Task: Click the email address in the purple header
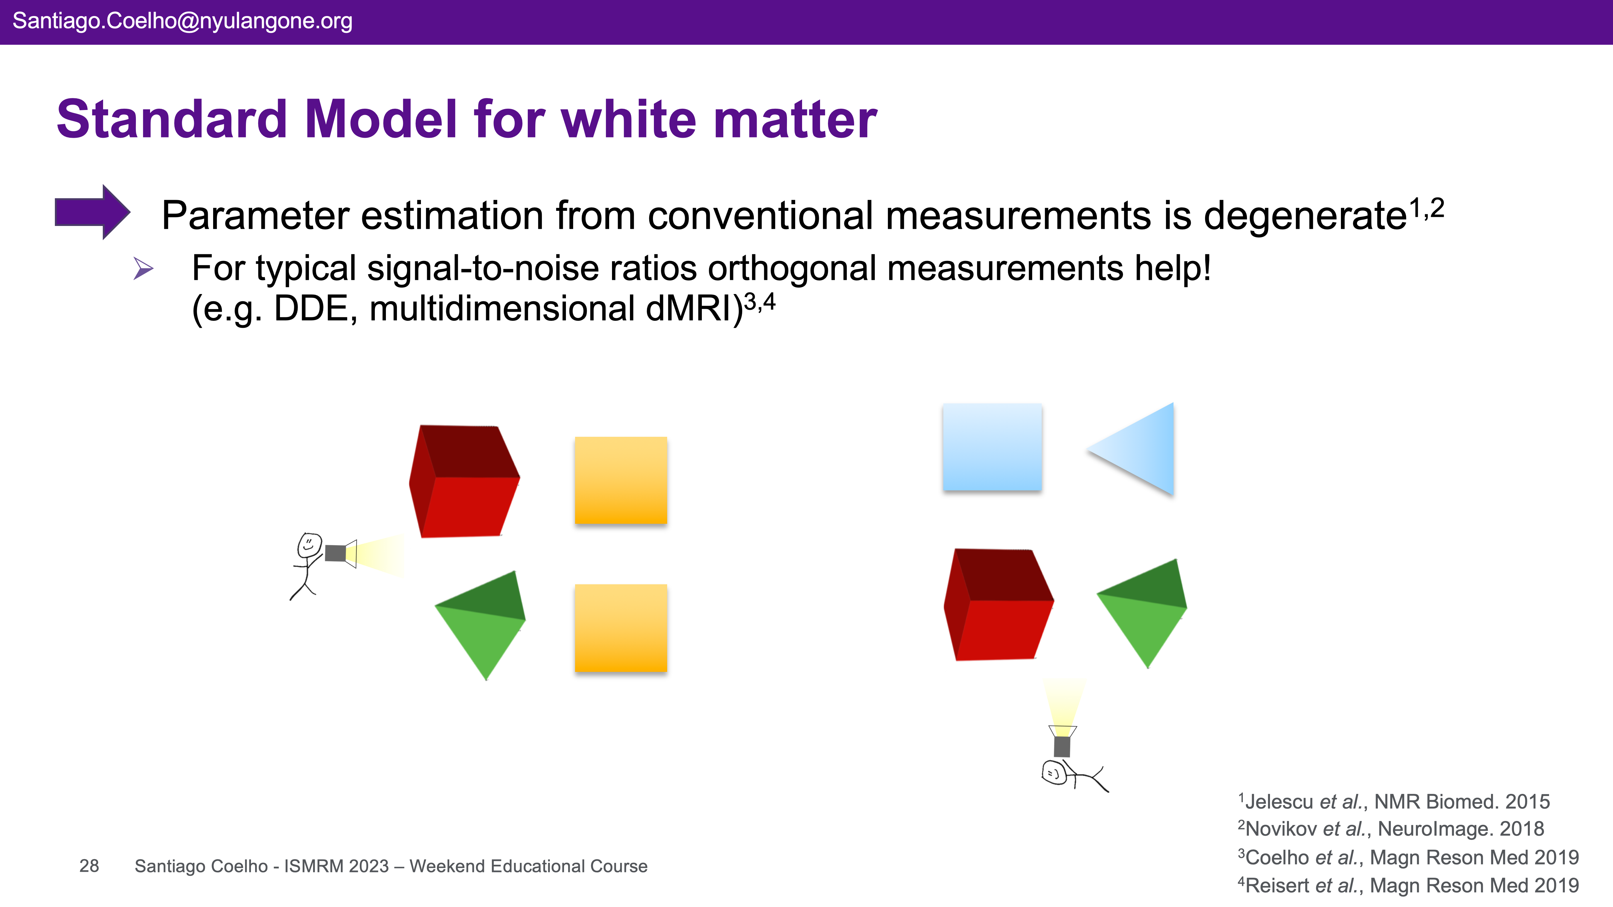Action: [x=182, y=21]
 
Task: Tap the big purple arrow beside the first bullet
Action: [x=93, y=212]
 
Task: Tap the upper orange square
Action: [x=620, y=480]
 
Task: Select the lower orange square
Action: [x=620, y=628]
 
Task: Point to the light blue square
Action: [x=992, y=447]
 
